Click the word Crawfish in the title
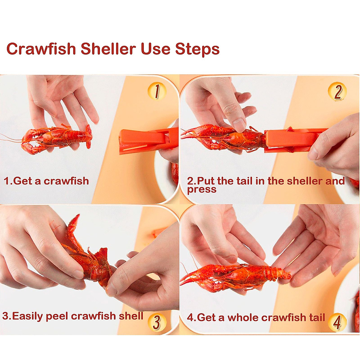coord(41,49)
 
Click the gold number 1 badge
coord(157,91)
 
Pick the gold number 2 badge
coord(337,91)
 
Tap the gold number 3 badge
coord(157,322)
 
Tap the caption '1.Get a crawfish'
coord(46,181)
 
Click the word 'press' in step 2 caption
coord(202,190)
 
